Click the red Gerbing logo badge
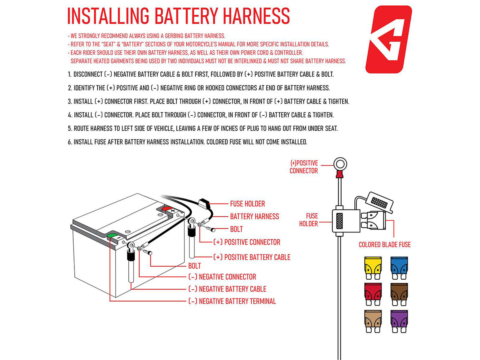click(x=388, y=39)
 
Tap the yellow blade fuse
click(x=373, y=268)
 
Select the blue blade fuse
click(x=399, y=268)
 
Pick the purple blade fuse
click(x=399, y=321)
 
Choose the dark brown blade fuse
click(x=399, y=294)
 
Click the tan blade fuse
click(x=373, y=321)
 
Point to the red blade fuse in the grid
click(x=373, y=294)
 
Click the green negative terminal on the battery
click(x=112, y=236)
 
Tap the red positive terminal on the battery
click(x=167, y=208)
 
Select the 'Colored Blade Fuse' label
click(x=385, y=244)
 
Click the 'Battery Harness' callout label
click(x=254, y=216)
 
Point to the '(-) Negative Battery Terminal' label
click(x=232, y=301)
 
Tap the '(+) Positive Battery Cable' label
click(x=252, y=257)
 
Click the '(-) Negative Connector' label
click(x=222, y=277)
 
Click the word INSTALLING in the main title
click(x=108, y=16)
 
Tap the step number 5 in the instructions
click(x=70, y=128)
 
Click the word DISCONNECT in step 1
click(x=88, y=74)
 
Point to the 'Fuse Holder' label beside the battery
click(x=247, y=204)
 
